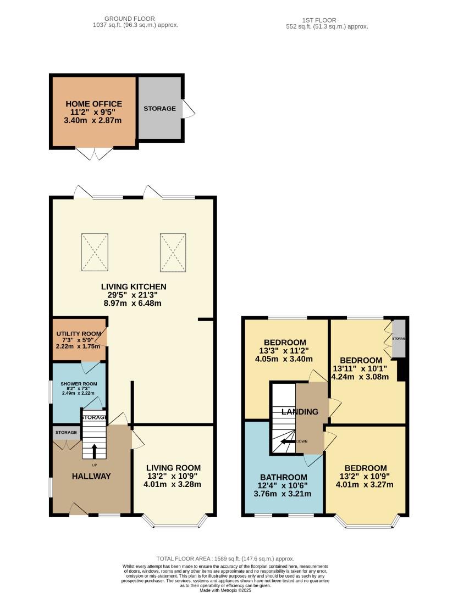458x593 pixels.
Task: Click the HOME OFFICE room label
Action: point(93,104)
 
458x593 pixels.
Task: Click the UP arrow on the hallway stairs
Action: point(93,450)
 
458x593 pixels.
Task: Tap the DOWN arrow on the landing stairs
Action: point(286,441)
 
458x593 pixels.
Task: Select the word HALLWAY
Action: point(91,476)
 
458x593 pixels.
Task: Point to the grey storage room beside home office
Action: point(159,108)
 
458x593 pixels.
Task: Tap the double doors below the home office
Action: point(95,153)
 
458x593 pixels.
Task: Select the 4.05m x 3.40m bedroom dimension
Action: point(284,359)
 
